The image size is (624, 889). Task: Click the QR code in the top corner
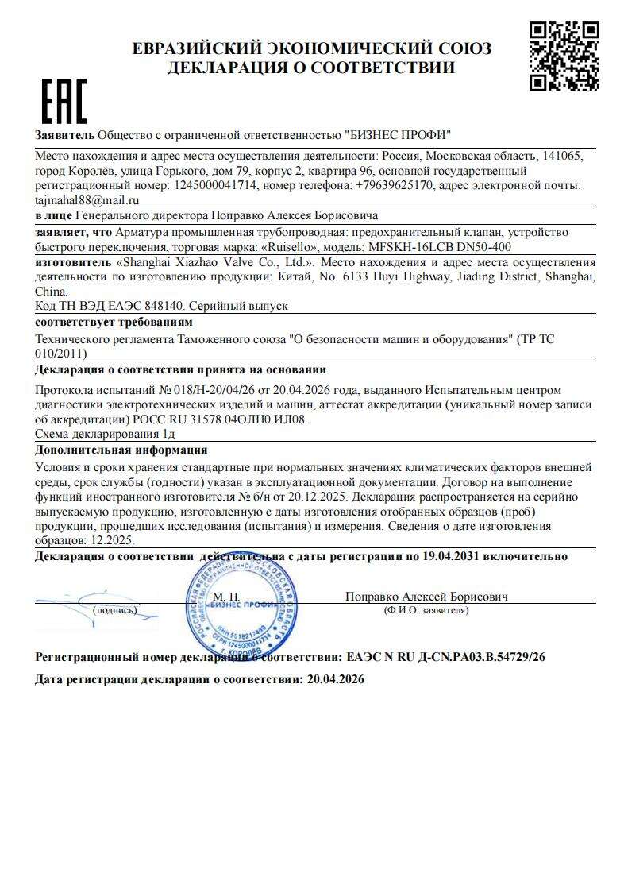(564, 56)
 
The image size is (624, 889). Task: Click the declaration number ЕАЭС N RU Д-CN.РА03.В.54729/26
(445, 657)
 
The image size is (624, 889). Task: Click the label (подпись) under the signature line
(114, 610)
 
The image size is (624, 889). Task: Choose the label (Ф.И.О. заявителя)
(426, 610)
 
